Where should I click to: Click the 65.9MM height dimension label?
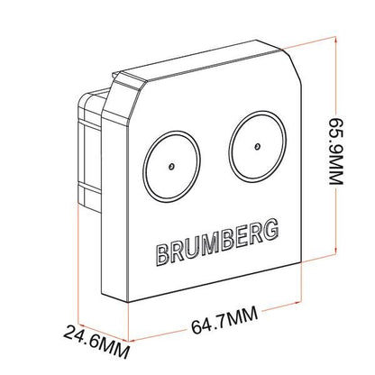pyautogui.click(x=335, y=151)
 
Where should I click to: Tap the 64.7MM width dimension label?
pyautogui.click(x=224, y=320)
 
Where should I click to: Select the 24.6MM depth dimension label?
pyautogui.click(x=96, y=342)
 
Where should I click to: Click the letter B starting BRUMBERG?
pyautogui.click(x=162, y=254)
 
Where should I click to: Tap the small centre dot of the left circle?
pyautogui.click(x=171, y=166)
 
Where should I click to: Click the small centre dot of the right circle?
pyautogui.click(x=257, y=147)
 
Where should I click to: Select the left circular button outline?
pyautogui.click(x=143, y=166)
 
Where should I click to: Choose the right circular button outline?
pyautogui.click(x=230, y=147)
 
